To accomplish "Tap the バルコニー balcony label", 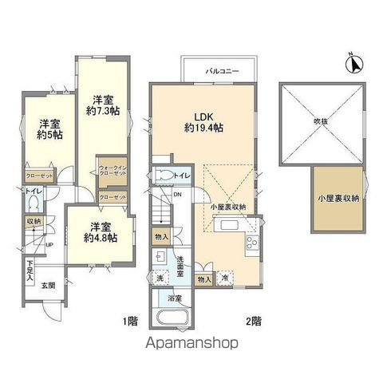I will pyautogui.click(x=219, y=71).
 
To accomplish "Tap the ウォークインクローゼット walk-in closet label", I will pyautogui.click(x=111, y=170).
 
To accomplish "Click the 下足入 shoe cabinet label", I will pyautogui.click(x=30, y=267).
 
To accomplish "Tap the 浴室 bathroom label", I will pyautogui.click(x=172, y=298).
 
